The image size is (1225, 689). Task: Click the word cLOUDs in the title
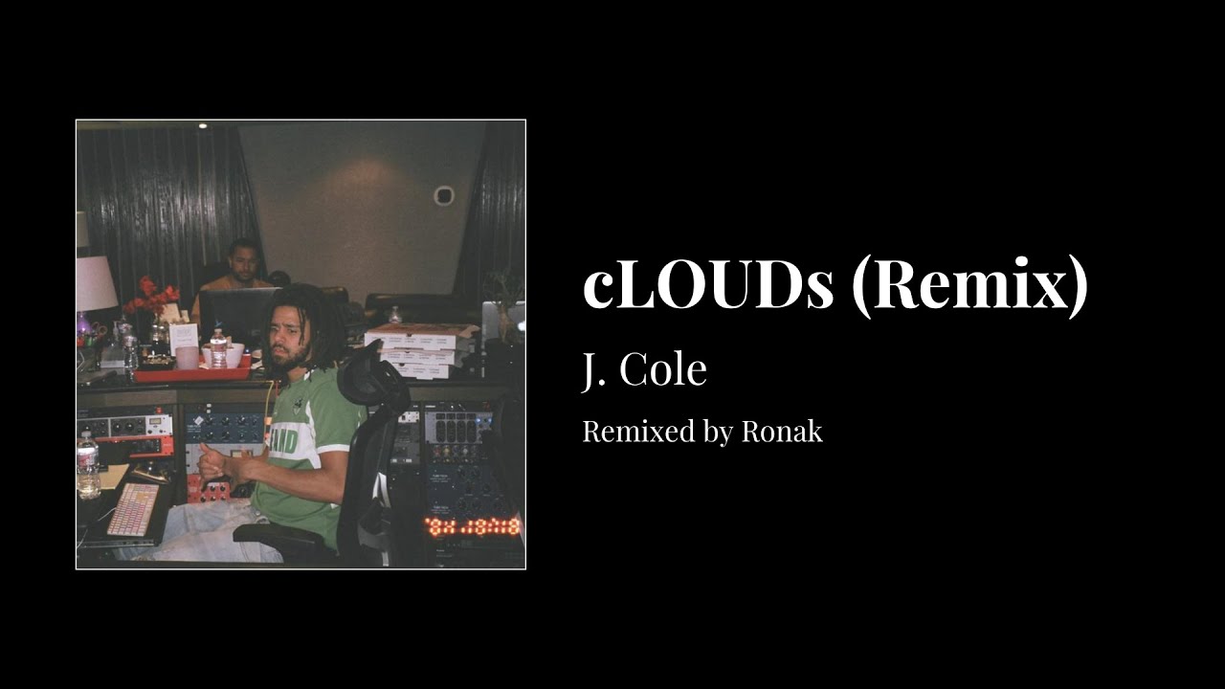(708, 285)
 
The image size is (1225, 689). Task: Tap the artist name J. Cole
(644, 370)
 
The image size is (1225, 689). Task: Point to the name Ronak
(781, 432)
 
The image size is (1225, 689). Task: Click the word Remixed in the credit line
(637, 432)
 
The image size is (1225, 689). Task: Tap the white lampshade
(95, 283)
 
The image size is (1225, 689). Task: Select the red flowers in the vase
(150, 296)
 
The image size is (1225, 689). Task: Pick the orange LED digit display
(473, 526)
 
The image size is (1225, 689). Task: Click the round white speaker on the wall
(443, 196)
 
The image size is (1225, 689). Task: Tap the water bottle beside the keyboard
(88, 465)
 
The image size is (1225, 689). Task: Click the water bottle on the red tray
(218, 349)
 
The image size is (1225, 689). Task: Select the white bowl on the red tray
(232, 355)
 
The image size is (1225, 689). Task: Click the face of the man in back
(243, 262)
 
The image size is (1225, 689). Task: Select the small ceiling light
(202, 125)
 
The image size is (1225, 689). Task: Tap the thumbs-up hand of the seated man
(212, 463)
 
